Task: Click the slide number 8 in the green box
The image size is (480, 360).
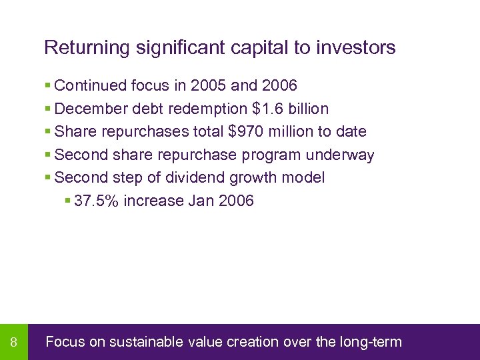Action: [x=14, y=343]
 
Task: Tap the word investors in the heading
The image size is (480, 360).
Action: [x=357, y=48]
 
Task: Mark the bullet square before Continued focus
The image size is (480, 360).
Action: [x=47, y=86]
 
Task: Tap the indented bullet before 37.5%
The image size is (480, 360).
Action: [x=67, y=201]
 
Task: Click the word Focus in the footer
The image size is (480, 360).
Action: [x=65, y=343]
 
